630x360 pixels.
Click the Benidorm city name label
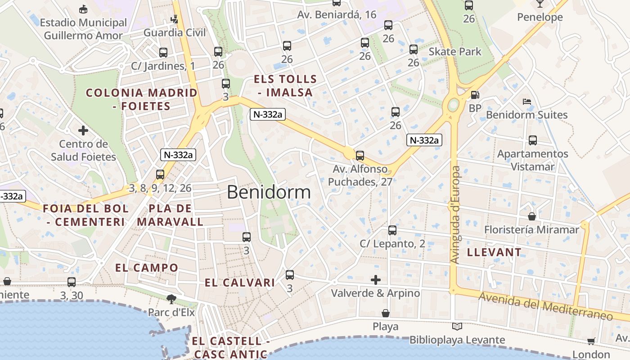click(x=269, y=192)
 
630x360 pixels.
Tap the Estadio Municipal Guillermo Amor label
click(x=83, y=29)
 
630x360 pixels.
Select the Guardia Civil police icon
click(x=174, y=19)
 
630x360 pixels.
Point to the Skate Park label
click(x=454, y=52)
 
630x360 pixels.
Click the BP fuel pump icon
click(x=475, y=95)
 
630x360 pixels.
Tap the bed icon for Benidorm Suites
click(x=526, y=101)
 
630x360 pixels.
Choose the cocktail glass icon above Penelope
click(x=540, y=4)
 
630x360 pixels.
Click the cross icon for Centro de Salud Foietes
click(x=83, y=131)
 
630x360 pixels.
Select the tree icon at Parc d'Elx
click(x=171, y=299)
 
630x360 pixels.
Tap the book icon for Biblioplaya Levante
click(x=457, y=327)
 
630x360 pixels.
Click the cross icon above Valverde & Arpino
click(x=376, y=280)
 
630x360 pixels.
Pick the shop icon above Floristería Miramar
click(x=532, y=216)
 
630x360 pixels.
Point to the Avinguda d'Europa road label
click(x=455, y=215)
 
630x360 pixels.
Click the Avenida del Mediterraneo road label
click(x=545, y=306)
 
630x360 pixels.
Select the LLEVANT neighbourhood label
click(x=494, y=252)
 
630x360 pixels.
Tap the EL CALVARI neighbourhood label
click(x=239, y=283)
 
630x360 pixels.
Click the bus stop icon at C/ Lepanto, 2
click(x=392, y=230)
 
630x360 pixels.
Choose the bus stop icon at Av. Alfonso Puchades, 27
click(x=360, y=156)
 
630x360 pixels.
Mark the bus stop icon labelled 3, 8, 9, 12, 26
click(x=160, y=175)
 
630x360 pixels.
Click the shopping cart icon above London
click(x=591, y=341)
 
